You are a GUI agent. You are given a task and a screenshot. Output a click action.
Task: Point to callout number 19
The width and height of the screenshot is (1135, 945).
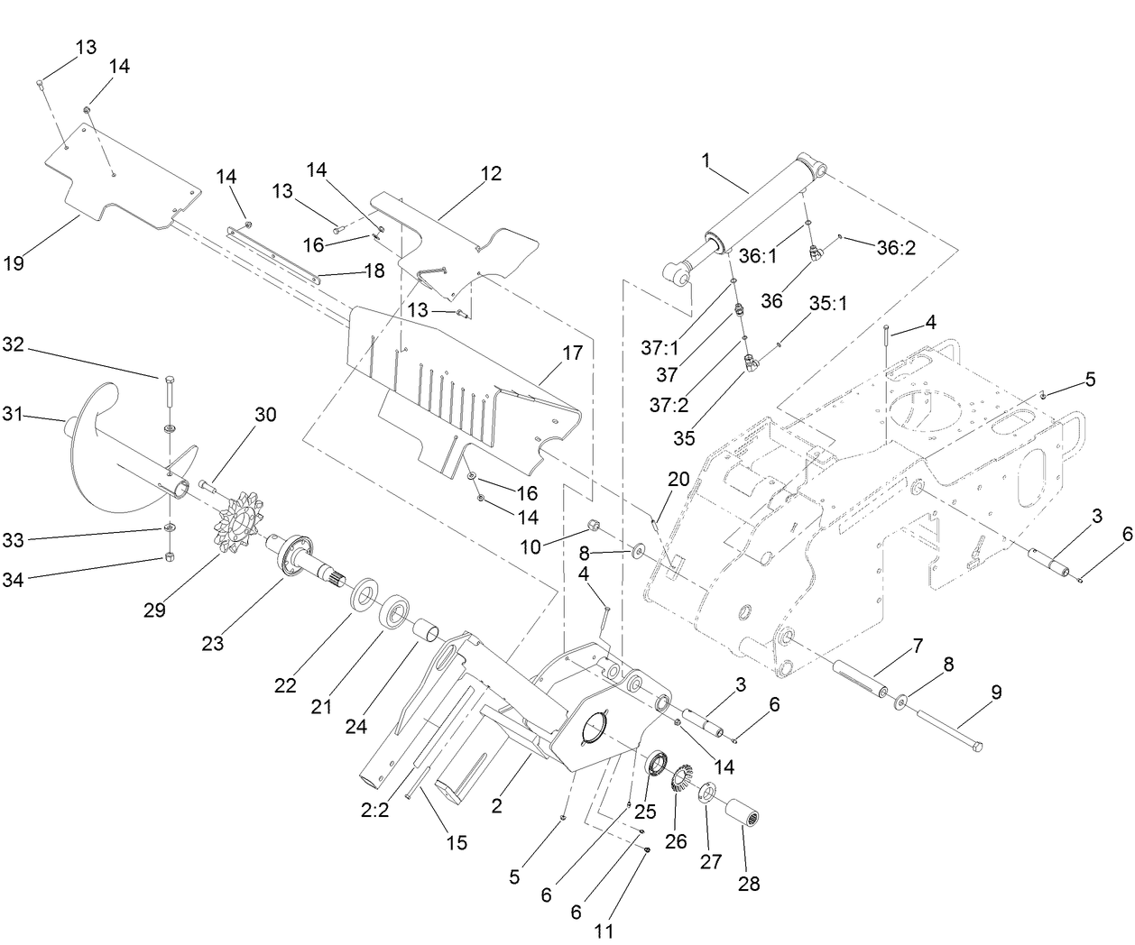pos(13,264)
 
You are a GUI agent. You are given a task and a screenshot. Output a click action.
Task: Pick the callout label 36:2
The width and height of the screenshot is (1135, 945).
pos(896,247)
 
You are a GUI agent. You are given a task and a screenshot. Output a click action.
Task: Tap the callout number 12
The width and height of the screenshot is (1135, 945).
pos(491,173)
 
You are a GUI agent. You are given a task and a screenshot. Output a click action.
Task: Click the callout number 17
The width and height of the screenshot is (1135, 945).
pos(573,353)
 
